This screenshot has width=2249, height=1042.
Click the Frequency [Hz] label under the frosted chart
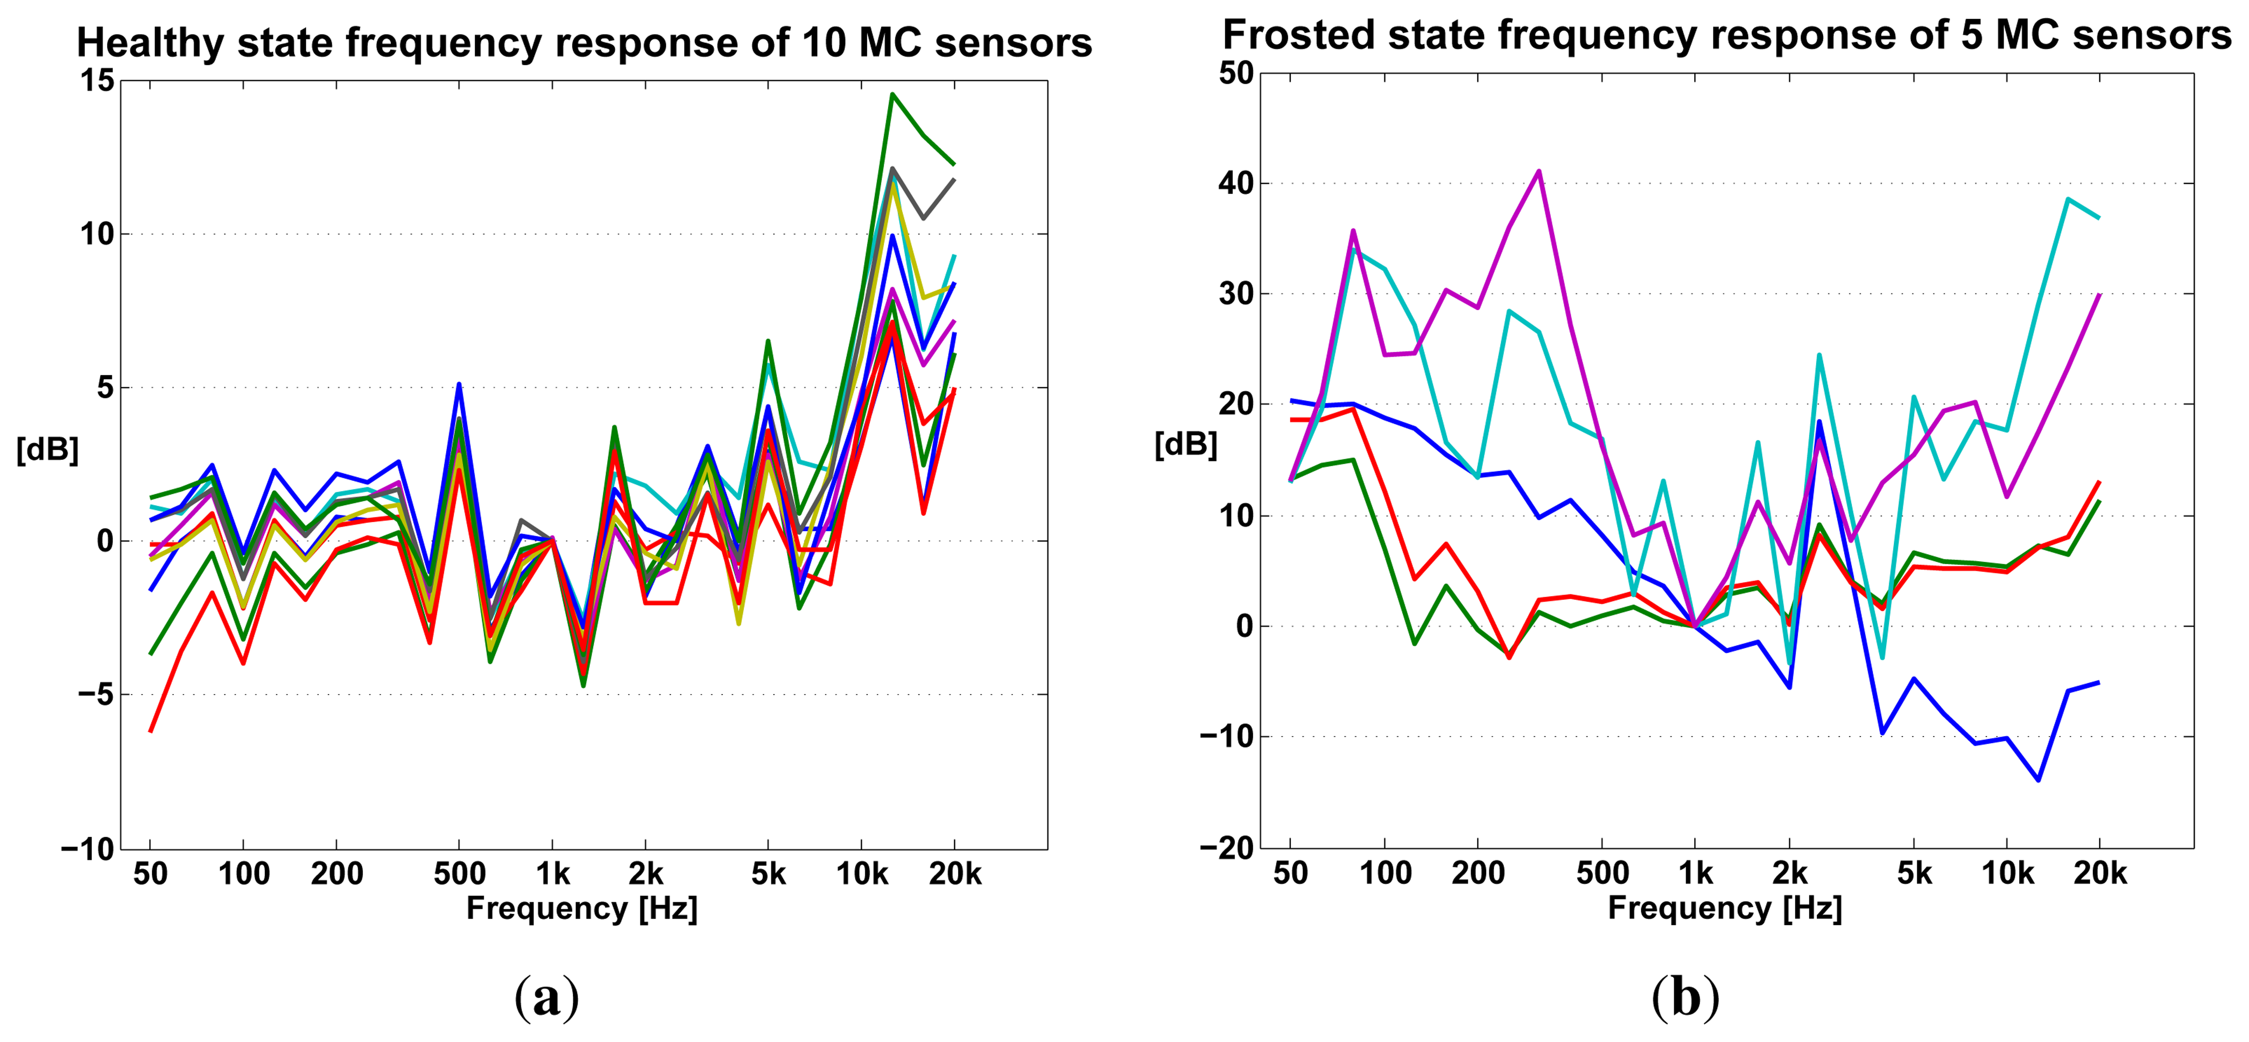(x=1724, y=909)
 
